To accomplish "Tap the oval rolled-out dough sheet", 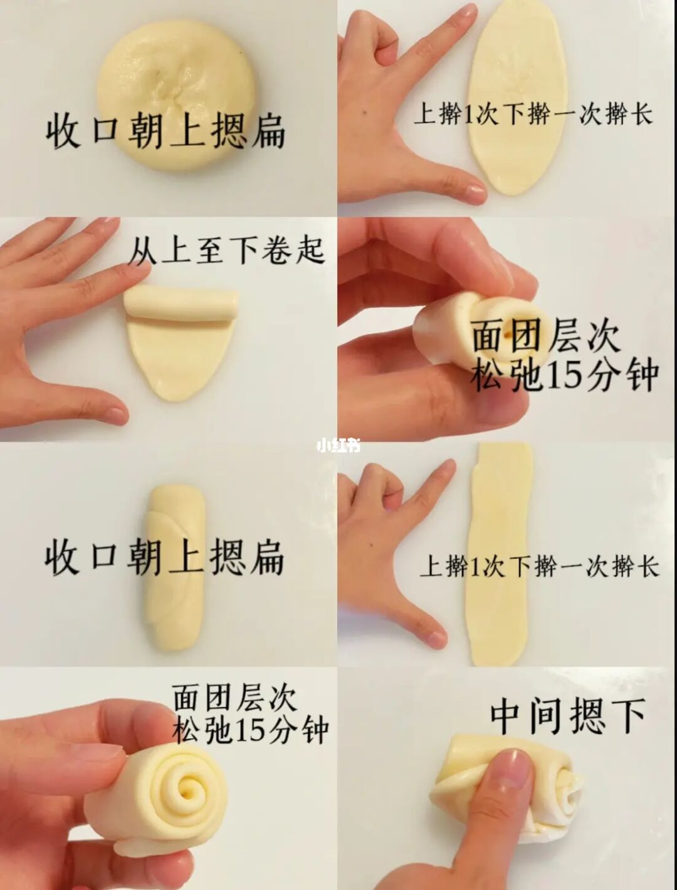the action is click(519, 97).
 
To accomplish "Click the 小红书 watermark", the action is click(338, 445).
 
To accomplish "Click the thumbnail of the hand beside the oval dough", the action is click(475, 188).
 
